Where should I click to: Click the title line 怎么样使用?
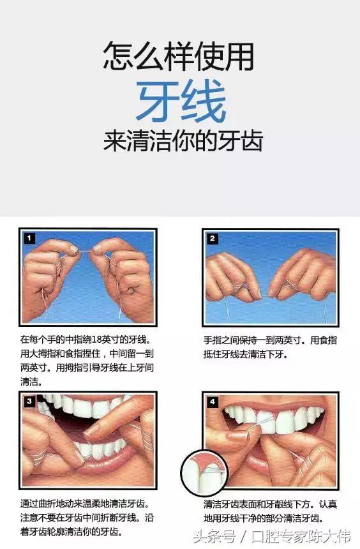pos(179,57)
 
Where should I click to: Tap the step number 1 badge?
pos(29,238)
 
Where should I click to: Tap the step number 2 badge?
pos(213,239)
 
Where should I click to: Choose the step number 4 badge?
pos(213,402)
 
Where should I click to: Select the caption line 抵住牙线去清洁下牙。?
pos(246,354)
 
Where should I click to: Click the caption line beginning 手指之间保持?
pos(271,340)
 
